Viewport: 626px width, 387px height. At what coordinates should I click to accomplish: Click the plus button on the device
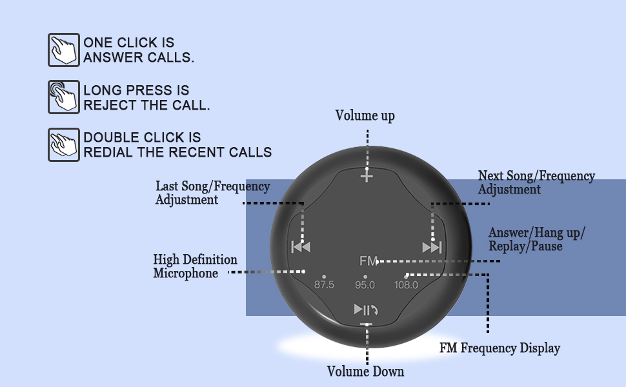[x=367, y=175]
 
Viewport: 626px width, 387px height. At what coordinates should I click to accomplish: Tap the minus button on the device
[x=367, y=324]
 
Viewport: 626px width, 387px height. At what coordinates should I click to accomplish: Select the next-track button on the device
[x=432, y=247]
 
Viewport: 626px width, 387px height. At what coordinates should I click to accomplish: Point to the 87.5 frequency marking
[x=324, y=284]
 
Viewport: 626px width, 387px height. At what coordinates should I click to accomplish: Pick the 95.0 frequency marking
[x=365, y=284]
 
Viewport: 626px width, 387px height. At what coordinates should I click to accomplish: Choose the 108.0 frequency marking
[x=406, y=284]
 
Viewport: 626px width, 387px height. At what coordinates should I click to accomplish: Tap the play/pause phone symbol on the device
[x=365, y=310]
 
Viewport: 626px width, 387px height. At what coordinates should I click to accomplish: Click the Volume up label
[x=365, y=116]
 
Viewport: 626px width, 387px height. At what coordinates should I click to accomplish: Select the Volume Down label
[x=365, y=372]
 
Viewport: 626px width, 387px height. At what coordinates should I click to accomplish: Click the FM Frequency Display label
[x=500, y=348]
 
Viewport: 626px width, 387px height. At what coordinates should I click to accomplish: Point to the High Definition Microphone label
[x=195, y=266]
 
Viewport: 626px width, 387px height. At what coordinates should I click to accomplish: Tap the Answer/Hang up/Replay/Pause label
[x=536, y=239]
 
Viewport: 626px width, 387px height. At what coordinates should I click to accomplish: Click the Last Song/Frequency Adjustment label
[x=212, y=193]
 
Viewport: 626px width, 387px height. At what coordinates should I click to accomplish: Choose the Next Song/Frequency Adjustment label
[x=536, y=183]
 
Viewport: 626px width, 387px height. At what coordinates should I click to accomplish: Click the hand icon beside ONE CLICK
[x=64, y=50]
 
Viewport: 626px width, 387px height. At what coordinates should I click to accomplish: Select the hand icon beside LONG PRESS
[x=64, y=97]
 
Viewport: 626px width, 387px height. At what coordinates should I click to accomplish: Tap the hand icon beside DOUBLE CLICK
[x=64, y=145]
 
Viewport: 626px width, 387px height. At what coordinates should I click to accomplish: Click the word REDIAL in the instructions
[x=103, y=153]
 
